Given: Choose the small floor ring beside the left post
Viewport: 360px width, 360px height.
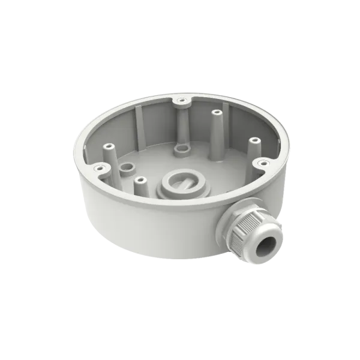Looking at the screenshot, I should (126, 167).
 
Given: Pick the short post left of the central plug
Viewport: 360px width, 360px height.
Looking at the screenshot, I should (140, 180).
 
